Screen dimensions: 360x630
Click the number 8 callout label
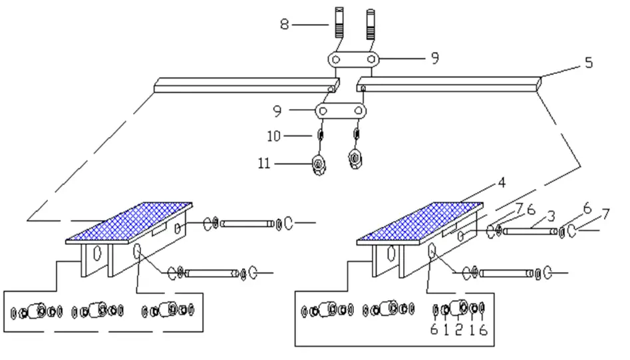[x=285, y=25]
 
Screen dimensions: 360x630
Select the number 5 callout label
[x=587, y=63]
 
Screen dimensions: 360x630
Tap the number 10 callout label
[x=274, y=136]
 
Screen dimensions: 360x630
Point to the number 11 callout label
[x=264, y=162]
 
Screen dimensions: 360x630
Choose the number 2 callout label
[x=458, y=330]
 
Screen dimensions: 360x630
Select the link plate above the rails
[x=353, y=60]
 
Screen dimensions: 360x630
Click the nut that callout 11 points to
[x=319, y=164]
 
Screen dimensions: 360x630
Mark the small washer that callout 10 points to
[x=320, y=136]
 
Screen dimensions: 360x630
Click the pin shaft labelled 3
[x=530, y=232]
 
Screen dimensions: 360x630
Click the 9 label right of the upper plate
[x=434, y=59]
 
